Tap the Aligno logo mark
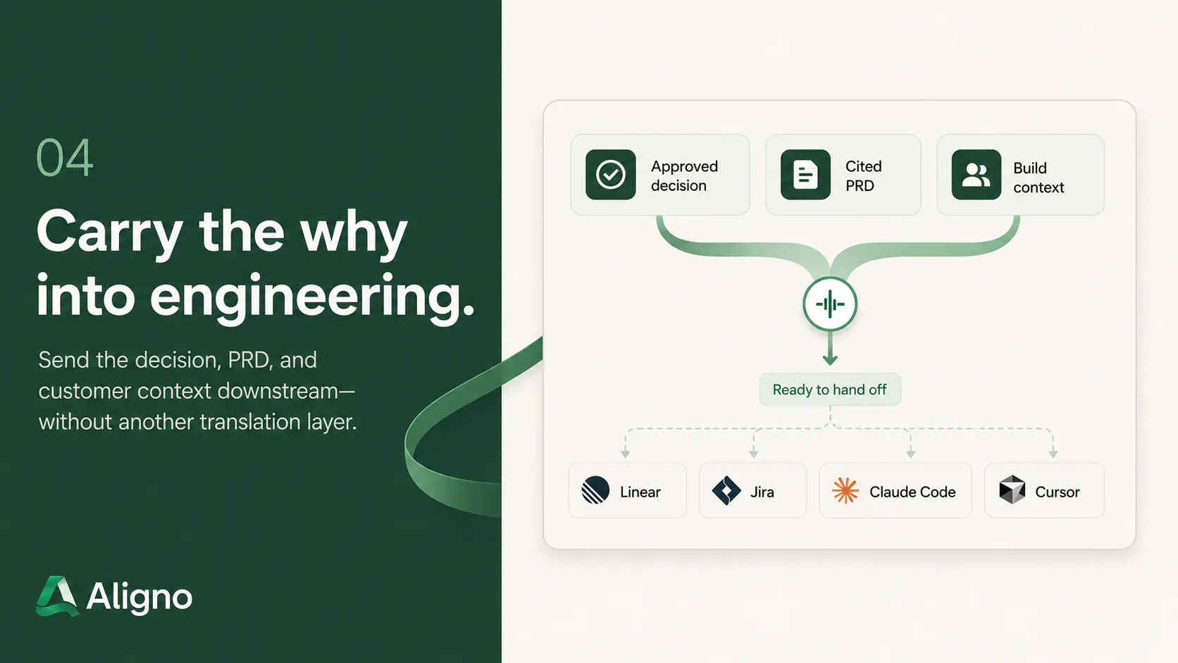coord(57,595)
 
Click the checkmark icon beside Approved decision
coord(611,175)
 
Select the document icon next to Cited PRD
coord(805,175)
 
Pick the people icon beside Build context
coord(976,175)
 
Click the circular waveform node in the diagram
coord(830,304)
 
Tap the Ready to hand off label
coord(829,390)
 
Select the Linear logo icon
coord(595,490)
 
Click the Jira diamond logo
coord(726,490)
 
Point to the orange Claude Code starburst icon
coord(845,490)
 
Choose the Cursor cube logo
coord(1012,490)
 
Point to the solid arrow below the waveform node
coord(830,348)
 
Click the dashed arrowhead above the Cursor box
coord(1053,454)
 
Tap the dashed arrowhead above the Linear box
coord(625,454)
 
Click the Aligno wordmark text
coord(139,597)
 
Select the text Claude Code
coord(912,492)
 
